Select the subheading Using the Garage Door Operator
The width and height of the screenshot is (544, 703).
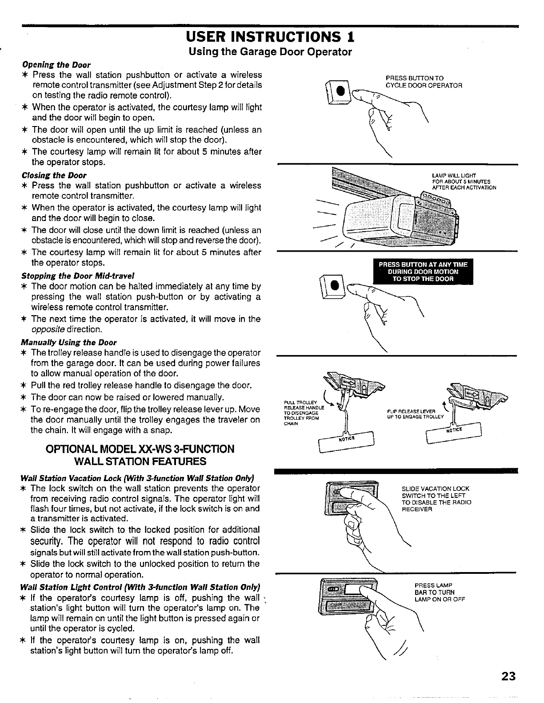[x=270, y=52]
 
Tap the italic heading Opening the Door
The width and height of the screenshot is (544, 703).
[x=56, y=64]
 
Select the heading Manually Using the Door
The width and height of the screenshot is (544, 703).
[x=69, y=342]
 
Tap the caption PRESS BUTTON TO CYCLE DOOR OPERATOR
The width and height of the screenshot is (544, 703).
[x=424, y=82]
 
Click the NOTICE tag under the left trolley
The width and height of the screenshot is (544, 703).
[x=346, y=440]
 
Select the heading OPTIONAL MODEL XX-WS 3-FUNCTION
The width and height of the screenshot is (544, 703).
[x=140, y=449]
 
